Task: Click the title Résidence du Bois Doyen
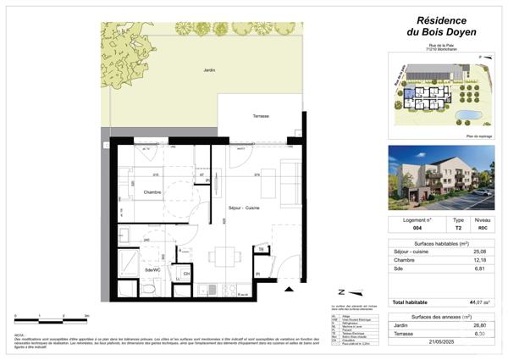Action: click(439, 25)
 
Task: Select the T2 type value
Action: click(458, 228)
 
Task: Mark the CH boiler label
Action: click(186, 273)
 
